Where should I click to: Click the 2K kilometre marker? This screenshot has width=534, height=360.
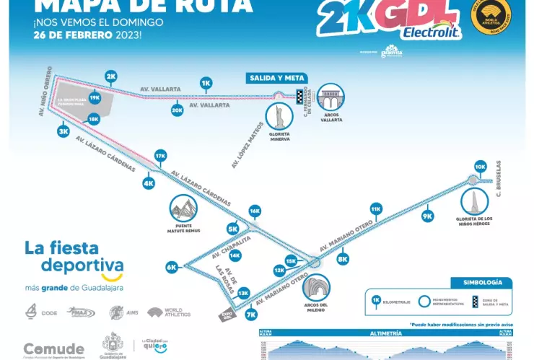click(110, 76)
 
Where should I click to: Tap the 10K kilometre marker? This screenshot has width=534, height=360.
click(481, 166)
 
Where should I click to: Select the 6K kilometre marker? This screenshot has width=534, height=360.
click(172, 267)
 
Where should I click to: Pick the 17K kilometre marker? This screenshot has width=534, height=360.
click(161, 155)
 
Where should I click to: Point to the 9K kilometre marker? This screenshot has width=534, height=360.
click(427, 216)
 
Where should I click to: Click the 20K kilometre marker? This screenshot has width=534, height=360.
click(177, 110)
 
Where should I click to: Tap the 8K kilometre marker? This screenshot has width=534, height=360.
click(343, 258)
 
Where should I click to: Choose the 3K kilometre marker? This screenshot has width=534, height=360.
click(63, 131)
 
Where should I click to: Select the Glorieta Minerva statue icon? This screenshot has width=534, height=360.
click(279, 115)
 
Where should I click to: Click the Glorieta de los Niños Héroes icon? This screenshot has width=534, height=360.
click(473, 199)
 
